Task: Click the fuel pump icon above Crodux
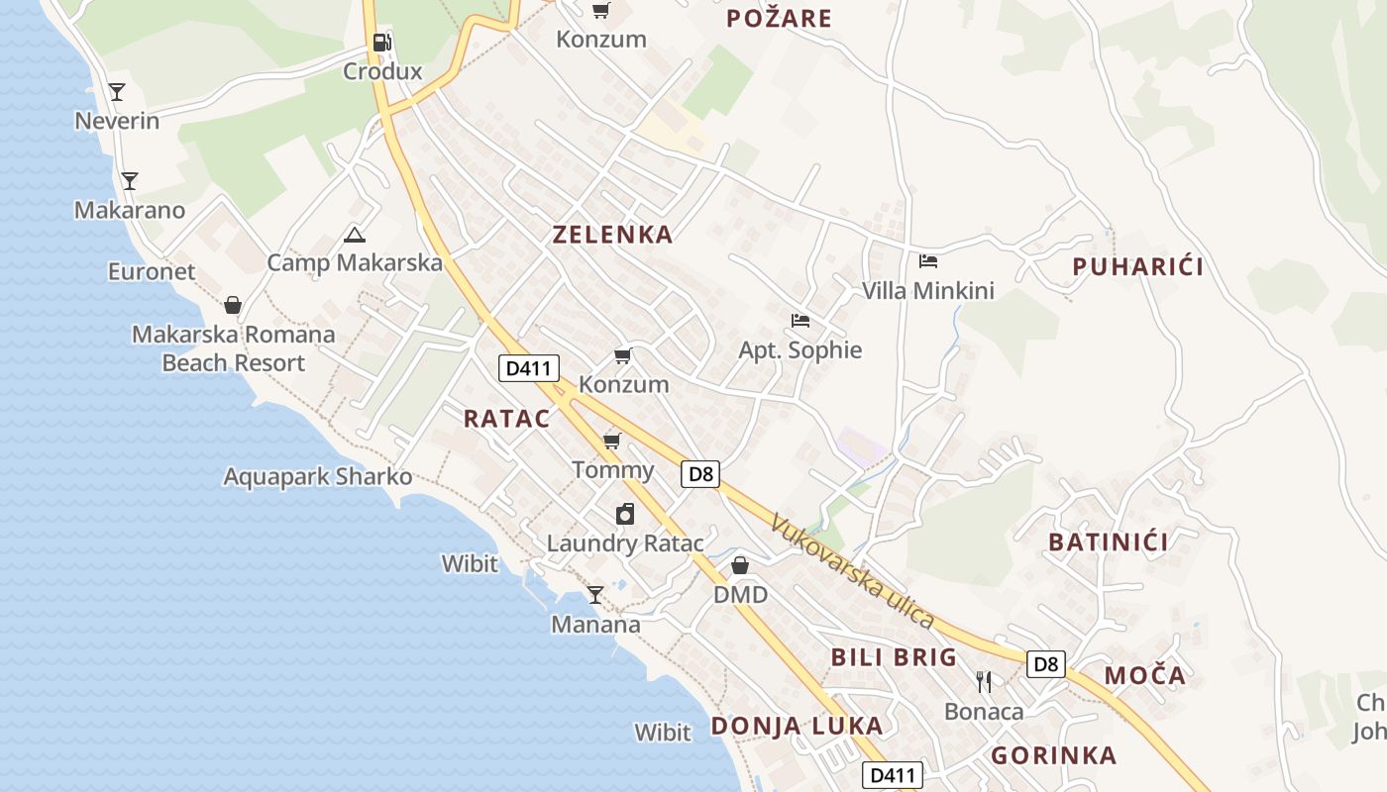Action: [x=381, y=42]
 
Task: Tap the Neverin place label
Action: [x=117, y=121]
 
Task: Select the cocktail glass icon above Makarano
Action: [x=129, y=180]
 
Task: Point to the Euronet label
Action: [x=152, y=271]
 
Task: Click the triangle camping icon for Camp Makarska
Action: [x=354, y=235]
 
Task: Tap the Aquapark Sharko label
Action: [x=317, y=476]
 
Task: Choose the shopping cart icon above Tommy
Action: [x=612, y=440]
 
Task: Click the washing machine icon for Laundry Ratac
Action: [x=625, y=514]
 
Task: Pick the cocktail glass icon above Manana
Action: [x=595, y=594]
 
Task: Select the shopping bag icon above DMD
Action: [x=740, y=565]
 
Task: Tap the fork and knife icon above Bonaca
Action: [x=984, y=681]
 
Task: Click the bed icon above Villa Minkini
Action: [x=928, y=261]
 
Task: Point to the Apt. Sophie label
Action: [x=800, y=350]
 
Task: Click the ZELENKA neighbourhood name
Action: [x=612, y=235]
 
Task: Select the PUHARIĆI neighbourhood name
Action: [x=1138, y=266]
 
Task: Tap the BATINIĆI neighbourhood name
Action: [x=1108, y=542]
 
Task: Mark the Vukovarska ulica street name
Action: [x=852, y=571]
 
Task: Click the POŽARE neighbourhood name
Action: [x=779, y=18]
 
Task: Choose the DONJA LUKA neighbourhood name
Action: [x=797, y=726]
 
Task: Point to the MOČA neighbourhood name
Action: [x=1144, y=675]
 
